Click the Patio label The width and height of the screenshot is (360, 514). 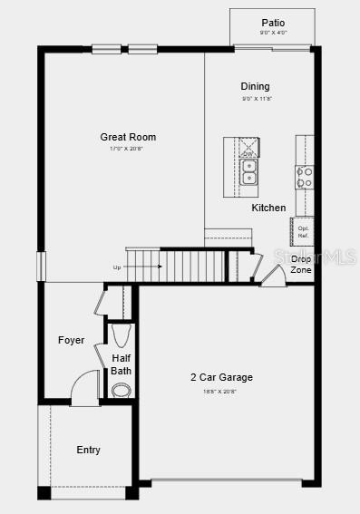point(273,23)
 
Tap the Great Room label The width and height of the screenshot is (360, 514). point(128,137)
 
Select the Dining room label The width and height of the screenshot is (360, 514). point(255,87)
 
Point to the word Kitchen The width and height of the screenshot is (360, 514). point(268,209)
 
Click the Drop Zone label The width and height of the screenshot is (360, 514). point(301,265)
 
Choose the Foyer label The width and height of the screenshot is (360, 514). point(71,341)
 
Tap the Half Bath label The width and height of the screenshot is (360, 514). point(122,364)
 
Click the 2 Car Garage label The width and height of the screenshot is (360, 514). point(221,377)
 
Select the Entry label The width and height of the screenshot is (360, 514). point(88,451)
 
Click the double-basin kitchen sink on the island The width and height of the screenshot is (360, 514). point(248,172)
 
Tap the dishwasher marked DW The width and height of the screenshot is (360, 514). point(248,148)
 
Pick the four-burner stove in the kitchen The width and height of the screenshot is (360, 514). point(304,177)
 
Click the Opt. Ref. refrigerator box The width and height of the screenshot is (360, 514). point(303,232)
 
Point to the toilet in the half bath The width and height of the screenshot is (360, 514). point(122,336)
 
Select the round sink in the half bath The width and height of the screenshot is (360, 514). point(121,390)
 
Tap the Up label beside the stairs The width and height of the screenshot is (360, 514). point(116,267)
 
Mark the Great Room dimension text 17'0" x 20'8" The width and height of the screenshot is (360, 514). point(128,149)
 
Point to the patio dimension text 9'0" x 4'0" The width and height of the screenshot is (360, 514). point(273,33)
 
